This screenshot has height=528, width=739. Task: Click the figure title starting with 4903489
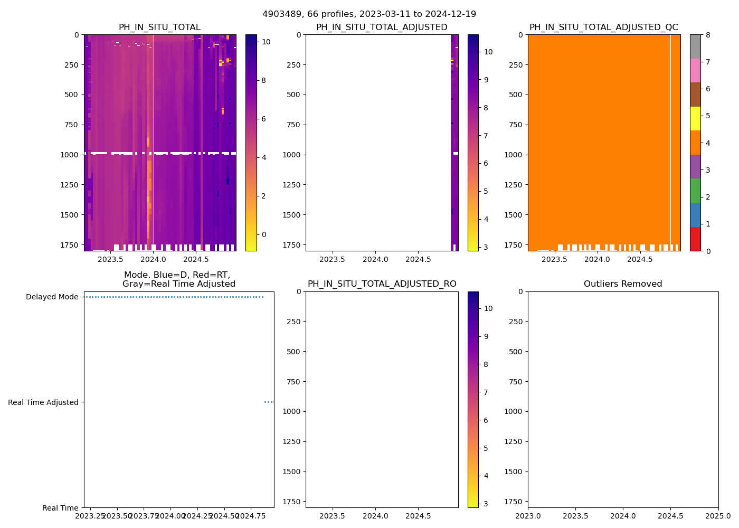point(369,14)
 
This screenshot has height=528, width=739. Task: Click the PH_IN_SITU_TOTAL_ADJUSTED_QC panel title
point(603,27)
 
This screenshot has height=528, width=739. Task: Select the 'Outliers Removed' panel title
point(623,284)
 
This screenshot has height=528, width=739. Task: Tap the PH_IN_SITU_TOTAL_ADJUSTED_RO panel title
point(382,284)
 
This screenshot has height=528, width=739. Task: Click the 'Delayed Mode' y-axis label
point(52,297)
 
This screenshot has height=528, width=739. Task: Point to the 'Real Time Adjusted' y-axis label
point(43,402)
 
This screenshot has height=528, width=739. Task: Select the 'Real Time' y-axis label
point(60,508)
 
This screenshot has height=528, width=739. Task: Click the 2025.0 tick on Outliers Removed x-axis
point(718,515)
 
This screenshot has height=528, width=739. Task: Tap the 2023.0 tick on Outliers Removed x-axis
point(528,515)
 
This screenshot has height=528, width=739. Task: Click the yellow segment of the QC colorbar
point(695,118)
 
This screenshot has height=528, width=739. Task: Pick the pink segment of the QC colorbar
point(695,70)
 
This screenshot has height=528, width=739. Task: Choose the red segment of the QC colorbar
point(695,239)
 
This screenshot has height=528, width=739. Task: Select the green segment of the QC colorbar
point(695,191)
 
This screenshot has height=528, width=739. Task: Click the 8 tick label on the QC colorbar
point(708,35)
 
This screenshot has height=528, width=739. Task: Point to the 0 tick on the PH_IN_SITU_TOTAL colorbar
point(264,234)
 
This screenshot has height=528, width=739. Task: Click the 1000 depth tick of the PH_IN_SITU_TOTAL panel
point(69,155)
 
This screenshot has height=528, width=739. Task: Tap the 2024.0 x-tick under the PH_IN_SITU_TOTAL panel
point(154,259)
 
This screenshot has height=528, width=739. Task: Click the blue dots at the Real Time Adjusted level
point(269,402)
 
